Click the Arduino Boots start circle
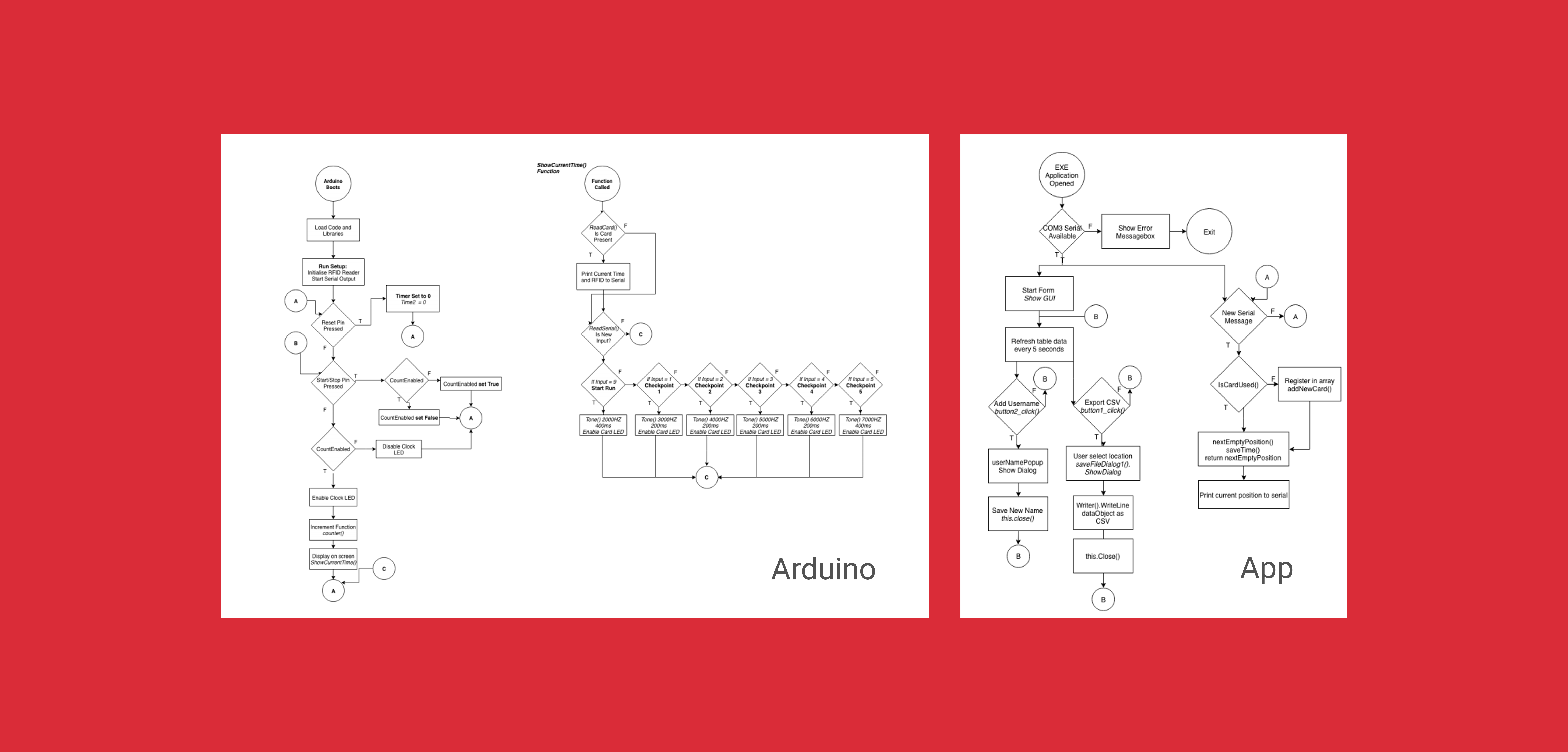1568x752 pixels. coord(333,184)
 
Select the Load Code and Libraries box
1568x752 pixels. coord(333,230)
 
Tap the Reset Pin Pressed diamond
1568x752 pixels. coord(333,326)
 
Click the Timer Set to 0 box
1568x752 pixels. coord(413,299)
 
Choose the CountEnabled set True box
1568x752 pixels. coord(471,384)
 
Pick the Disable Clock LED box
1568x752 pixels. coord(399,449)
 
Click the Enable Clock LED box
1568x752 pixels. coord(333,498)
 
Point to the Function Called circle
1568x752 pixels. coord(602,184)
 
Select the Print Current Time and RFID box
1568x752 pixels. coord(603,277)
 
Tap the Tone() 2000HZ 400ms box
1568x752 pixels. coord(603,425)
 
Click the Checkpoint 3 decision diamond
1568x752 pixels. coord(760,385)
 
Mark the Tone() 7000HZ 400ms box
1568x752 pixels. coord(862,425)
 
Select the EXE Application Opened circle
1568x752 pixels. coord(1062,175)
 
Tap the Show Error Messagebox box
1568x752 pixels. coord(1135,232)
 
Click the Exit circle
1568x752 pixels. coord(1209,232)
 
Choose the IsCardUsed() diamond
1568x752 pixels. coord(1238,385)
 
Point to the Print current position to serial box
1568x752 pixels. coord(1244,495)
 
